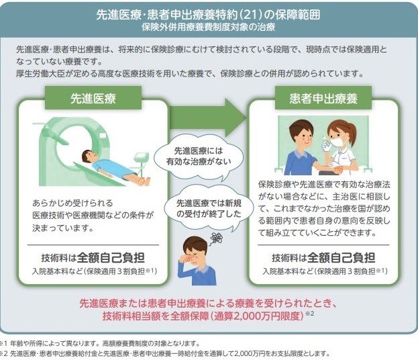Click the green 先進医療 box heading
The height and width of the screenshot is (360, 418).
click(x=93, y=98)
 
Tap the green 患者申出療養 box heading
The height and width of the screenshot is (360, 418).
click(x=323, y=98)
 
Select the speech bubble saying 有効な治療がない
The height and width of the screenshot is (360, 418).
click(x=199, y=157)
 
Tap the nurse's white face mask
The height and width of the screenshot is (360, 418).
click(x=337, y=141)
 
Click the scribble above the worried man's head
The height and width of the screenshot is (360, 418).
click(x=217, y=238)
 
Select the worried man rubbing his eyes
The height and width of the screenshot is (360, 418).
click(x=197, y=261)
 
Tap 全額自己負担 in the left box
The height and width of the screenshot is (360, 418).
click(x=111, y=258)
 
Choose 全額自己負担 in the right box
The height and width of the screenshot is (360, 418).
click(x=342, y=258)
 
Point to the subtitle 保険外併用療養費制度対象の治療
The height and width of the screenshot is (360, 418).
click(x=209, y=28)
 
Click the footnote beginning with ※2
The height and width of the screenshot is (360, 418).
click(x=165, y=354)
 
